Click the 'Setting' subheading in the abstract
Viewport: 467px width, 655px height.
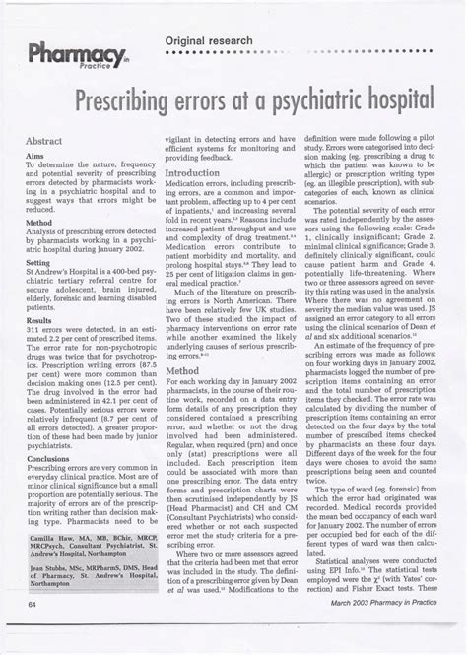(39, 263)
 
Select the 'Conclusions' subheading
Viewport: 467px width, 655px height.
(49, 458)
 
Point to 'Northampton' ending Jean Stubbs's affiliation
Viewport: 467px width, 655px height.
(56, 599)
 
